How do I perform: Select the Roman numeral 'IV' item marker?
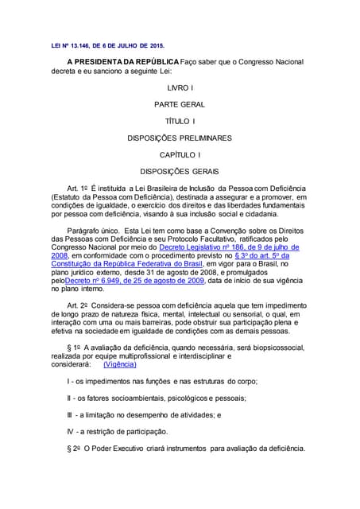coord(72,431)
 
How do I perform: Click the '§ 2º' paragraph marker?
coord(77,448)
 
